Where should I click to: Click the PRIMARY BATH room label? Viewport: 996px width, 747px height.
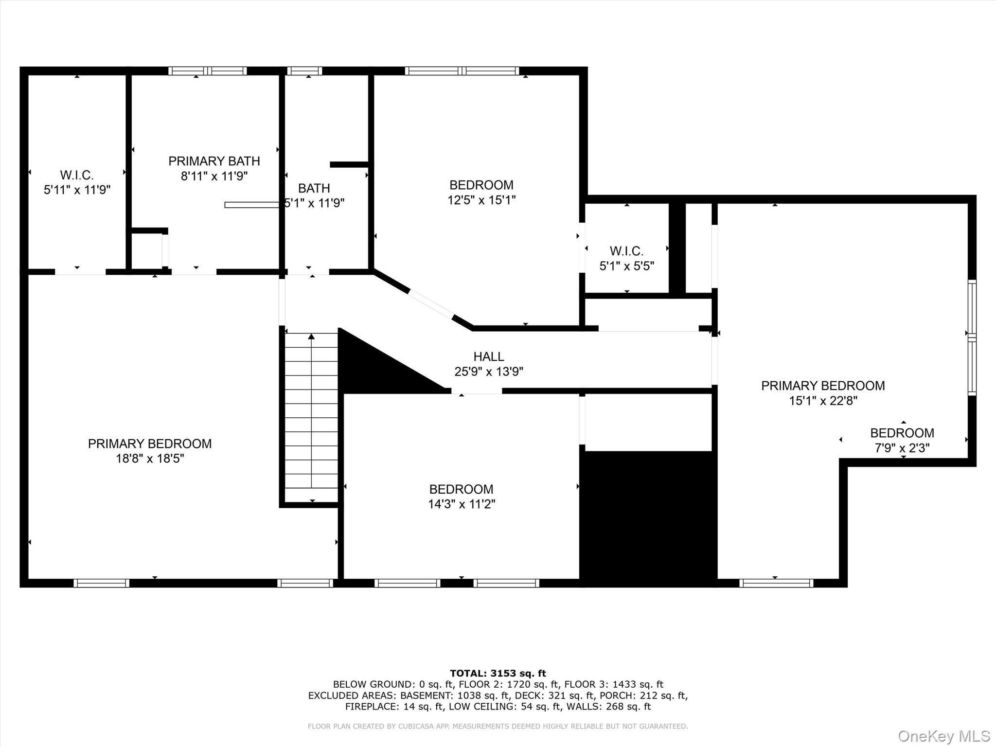pyautogui.click(x=214, y=161)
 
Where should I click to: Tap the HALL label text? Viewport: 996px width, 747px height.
pyautogui.click(x=489, y=356)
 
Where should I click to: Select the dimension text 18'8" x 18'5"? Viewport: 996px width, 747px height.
pyautogui.click(x=150, y=459)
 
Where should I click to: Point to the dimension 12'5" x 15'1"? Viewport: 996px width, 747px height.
pyautogui.click(x=481, y=200)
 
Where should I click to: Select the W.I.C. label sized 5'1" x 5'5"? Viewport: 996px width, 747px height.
pyautogui.click(x=626, y=251)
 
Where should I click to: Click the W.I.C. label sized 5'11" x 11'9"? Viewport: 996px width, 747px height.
pyautogui.click(x=77, y=175)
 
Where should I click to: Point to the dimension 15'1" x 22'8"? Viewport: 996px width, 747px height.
pyautogui.click(x=823, y=401)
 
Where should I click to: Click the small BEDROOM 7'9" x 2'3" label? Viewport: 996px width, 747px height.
pyautogui.click(x=902, y=433)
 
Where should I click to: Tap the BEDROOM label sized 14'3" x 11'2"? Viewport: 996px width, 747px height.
pyautogui.click(x=461, y=489)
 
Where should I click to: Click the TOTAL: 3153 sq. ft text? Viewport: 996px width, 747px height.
pyautogui.click(x=498, y=673)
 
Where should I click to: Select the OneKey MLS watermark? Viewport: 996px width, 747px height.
pyautogui.click(x=943, y=736)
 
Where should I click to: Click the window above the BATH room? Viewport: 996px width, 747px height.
pyautogui.click(x=304, y=71)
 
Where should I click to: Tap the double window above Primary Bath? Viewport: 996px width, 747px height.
pyautogui.click(x=208, y=71)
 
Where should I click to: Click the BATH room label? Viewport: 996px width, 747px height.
pyautogui.click(x=314, y=188)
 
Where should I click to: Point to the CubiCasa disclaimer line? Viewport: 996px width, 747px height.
pyautogui.click(x=498, y=726)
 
